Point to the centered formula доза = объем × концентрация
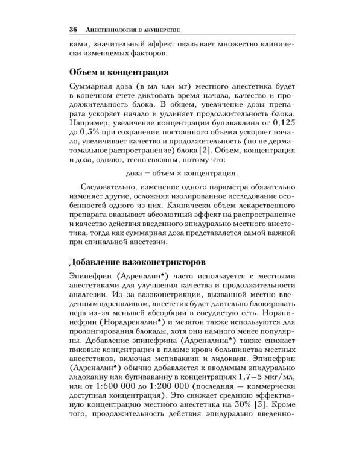point(181,173)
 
